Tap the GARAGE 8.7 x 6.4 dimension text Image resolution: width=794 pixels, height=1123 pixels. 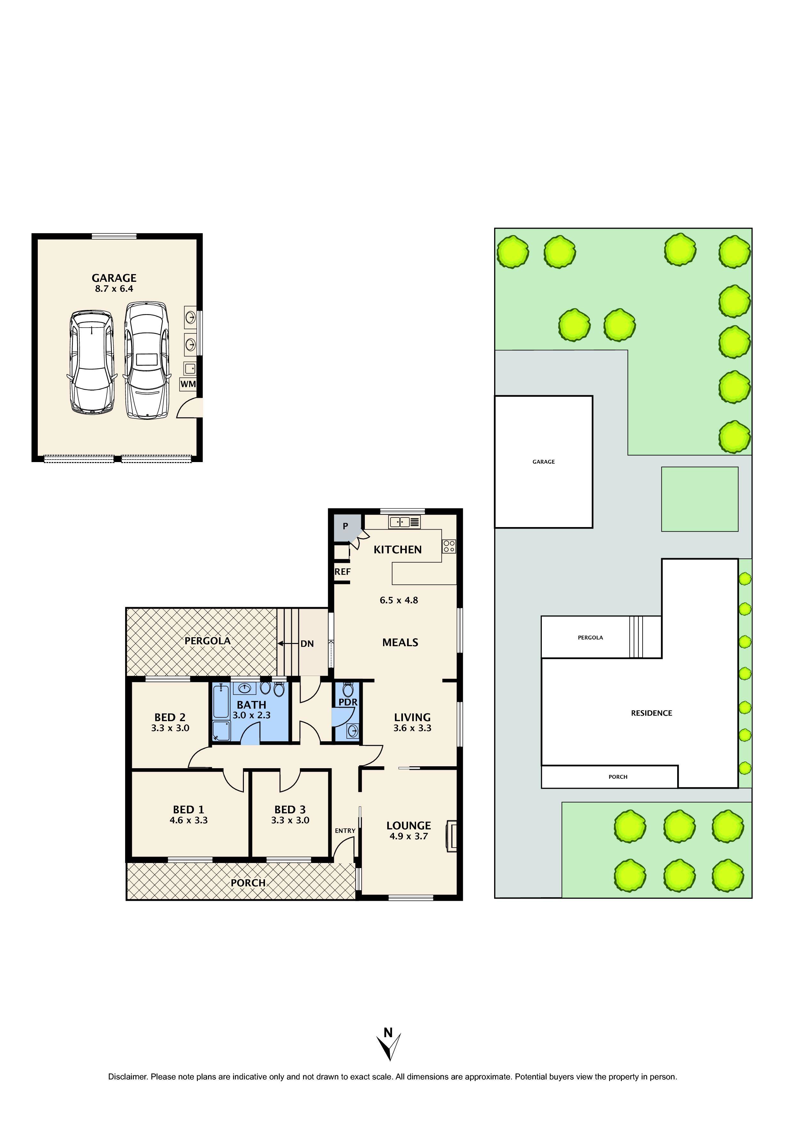click(x=114, y=289)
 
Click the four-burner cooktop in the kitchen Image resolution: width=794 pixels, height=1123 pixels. click(x=449, y=546)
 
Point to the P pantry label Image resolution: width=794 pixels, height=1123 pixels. click(x=345, y=526)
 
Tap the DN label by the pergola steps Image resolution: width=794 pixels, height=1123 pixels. click(x=307, y=644)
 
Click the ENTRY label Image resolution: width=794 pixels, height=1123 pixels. click(x=345, y=831)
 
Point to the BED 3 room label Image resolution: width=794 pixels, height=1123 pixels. click(x=290, y=810)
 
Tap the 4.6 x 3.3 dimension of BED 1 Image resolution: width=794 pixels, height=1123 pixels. click(x=189, y=820)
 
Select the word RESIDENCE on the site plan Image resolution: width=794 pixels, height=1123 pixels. click(x=651, y=713)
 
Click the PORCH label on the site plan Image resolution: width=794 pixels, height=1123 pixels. click(x=618, y=777)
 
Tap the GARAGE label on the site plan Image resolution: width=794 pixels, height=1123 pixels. click(x=544, y=462)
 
